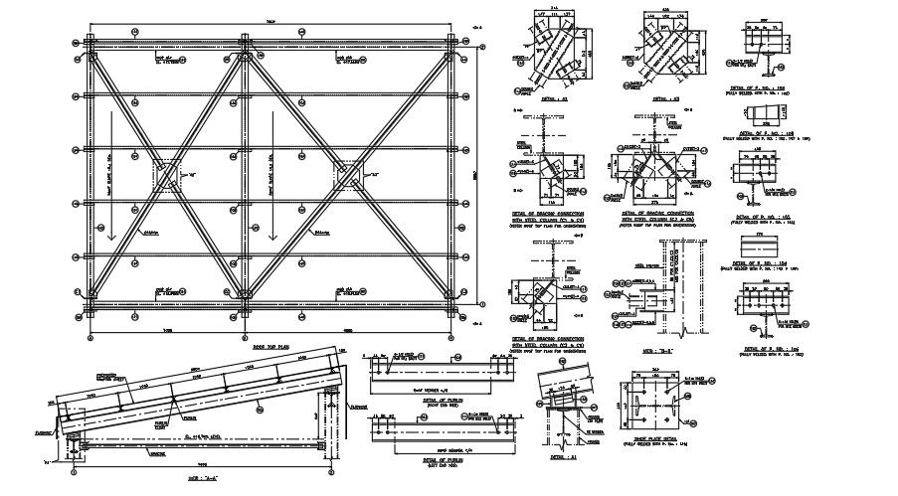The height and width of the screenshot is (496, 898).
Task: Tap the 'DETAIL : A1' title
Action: [560, 459]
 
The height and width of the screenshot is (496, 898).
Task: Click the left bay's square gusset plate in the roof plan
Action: [167, 177]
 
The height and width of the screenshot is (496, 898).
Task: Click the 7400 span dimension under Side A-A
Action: [203, 464]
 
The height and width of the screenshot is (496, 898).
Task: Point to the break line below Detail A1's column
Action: [560, 438]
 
